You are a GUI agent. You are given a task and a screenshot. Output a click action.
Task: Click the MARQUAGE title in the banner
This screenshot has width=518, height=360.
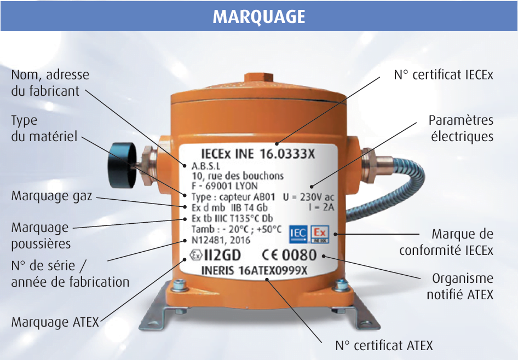point(258,16)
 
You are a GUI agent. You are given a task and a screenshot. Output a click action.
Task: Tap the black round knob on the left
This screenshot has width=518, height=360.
point(122,165)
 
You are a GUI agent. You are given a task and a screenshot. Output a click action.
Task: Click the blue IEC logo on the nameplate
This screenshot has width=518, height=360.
point(298,234)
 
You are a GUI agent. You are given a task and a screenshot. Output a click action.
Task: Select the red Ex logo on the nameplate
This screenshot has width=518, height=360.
point(319,234)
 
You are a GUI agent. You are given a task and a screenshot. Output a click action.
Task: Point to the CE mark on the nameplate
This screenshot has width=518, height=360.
point(270,255)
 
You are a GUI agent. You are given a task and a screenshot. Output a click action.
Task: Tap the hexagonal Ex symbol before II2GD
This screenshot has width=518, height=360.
point(196,255)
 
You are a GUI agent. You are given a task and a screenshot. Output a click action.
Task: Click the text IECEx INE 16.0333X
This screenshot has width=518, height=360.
point(258,154)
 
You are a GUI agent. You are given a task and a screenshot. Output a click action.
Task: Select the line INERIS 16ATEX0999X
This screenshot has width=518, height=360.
point(255,271)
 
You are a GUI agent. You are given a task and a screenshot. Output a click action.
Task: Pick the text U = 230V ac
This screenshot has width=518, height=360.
point(308,197)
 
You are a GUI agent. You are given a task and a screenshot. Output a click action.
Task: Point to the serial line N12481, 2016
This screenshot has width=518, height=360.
point(221,240)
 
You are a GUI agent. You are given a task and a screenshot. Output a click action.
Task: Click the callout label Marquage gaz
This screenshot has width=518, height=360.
point(51,196)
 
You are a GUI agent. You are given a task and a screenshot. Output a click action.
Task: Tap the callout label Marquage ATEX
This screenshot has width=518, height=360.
point(55,322)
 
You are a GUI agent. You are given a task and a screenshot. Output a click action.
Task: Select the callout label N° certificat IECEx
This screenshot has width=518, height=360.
point(444,75)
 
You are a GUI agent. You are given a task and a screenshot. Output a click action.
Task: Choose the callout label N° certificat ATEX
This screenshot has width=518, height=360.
point(384,345)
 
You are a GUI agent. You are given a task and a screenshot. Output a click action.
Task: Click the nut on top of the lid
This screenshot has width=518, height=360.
point(258,79)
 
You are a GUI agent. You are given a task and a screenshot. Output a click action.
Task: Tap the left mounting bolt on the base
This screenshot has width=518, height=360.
point(180,284)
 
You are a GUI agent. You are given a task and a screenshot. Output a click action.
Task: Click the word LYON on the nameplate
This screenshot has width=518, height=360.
point(247,186)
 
